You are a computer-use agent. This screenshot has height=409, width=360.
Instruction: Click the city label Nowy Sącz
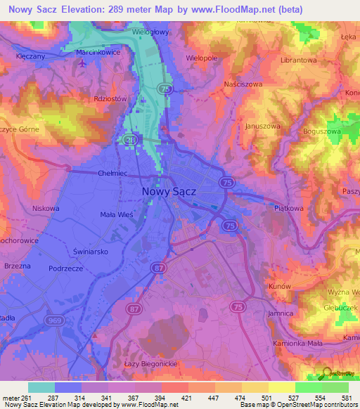click(x=169, y=190)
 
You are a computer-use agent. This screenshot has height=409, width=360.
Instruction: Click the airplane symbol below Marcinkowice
click(x=83, y=63)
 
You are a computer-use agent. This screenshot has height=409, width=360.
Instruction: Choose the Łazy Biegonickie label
click(x=149, y=362)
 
